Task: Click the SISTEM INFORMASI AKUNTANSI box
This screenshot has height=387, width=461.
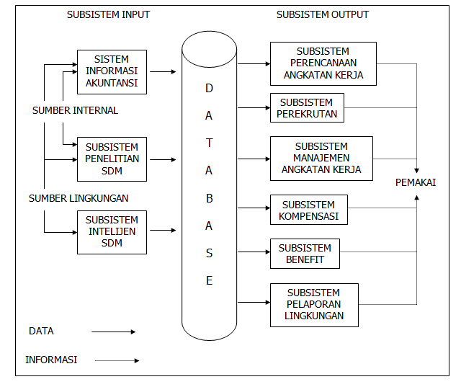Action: click(112, 72)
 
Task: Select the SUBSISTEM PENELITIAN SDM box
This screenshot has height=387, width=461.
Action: click(112, 159)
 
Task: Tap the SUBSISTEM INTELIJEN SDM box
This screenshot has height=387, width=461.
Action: click(112, 231)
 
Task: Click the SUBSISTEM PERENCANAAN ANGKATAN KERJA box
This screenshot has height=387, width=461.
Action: click(323, 63)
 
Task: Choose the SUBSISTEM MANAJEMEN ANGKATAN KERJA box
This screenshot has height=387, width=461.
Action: click(321, 159)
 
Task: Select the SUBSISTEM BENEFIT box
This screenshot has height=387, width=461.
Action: click(305, 254)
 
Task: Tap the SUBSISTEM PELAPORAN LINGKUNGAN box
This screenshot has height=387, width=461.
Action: click(313, 304)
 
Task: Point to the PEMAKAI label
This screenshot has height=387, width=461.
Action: click(416, 182)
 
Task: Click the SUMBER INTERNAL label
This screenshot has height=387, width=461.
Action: click(75, 111)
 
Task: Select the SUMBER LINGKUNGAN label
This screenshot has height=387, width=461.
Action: click(79, 197)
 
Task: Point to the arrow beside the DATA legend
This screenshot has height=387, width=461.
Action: click(113, 332)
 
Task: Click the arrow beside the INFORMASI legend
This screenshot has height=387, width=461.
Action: click(116, 360)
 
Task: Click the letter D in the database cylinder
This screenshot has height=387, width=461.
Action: click(210, 88)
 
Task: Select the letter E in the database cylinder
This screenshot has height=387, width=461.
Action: click(210, 281)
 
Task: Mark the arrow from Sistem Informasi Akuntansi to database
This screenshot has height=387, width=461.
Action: click(164, 72)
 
